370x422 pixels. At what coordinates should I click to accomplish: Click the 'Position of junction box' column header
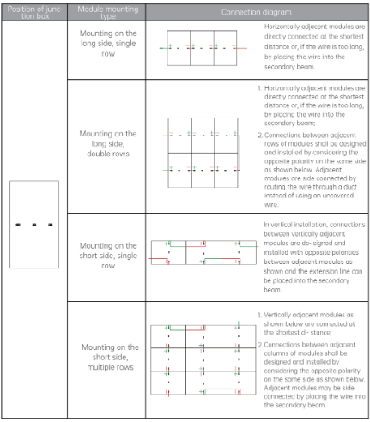point(34,13)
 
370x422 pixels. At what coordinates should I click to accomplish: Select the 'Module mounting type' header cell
point(108,13)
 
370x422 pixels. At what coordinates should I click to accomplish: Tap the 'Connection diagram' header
point(256,12)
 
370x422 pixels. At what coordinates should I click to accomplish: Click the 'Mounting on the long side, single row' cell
point(108,44)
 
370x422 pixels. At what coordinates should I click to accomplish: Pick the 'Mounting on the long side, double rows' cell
point(108,143)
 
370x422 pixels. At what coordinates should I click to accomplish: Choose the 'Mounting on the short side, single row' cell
point(108,256)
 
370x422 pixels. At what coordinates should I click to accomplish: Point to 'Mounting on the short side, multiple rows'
point(110,357)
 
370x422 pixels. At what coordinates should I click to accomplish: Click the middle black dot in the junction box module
point(34,225)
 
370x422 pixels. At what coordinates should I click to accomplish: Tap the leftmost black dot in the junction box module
point(18,225)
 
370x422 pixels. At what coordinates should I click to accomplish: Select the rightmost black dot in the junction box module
point(51,225)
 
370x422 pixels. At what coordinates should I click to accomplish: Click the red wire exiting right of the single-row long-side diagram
point(241,48)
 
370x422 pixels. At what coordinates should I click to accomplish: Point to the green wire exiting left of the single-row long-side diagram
point(164,48)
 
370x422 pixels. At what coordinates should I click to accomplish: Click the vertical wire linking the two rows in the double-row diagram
point(240,153)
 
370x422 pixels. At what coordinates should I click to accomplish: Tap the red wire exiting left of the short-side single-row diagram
point(158,259)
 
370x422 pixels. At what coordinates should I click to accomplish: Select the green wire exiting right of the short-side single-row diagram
point(248,246)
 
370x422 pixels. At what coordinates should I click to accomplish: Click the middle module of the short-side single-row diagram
point(203,252)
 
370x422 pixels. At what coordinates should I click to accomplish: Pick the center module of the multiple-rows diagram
point(203,359)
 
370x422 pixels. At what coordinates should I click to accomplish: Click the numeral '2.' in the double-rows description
point(260,136)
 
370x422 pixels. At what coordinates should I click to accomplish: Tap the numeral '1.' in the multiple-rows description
point(259,315)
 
